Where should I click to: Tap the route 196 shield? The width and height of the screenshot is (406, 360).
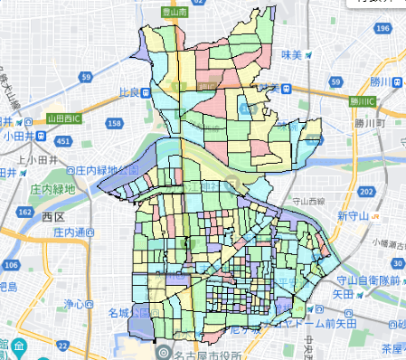point(383,29)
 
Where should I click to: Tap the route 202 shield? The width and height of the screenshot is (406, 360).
point(366,192)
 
